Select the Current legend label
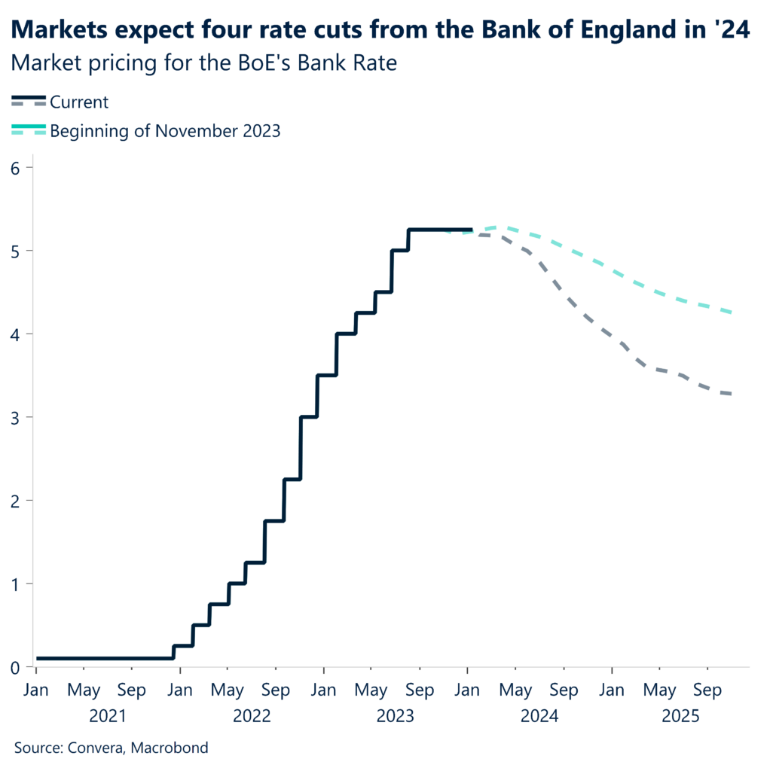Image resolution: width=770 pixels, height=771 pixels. click(79, 102)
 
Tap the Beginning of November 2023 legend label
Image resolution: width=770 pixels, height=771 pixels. click(165, 131)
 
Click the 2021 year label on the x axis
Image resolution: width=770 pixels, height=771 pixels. click(107, 715)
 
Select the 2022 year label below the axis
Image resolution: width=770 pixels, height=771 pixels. click(251, 715)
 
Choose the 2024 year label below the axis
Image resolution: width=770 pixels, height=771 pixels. click(539, 715)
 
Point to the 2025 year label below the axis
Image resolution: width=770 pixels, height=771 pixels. click(683, 715)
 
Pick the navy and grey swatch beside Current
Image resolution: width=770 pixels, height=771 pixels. click(29, 102)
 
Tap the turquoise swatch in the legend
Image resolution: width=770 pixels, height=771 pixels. click(29, 131)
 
